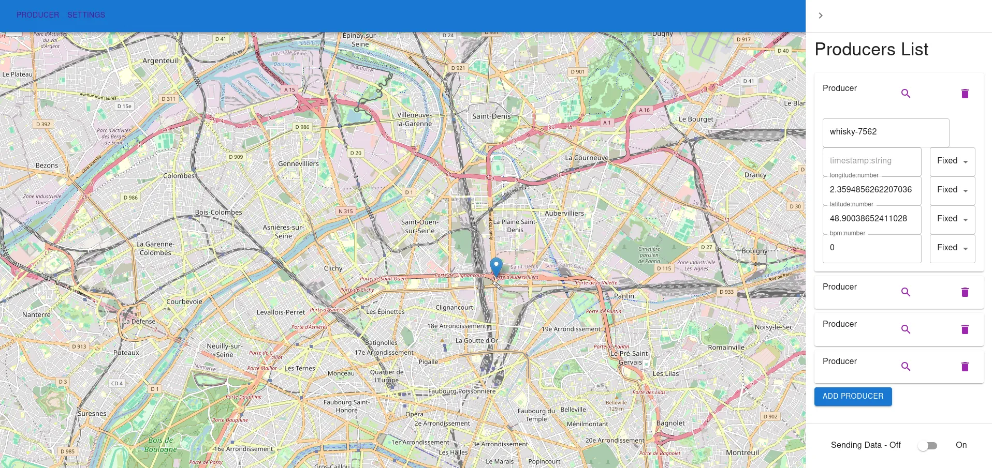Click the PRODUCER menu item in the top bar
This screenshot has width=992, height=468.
click(38, 15)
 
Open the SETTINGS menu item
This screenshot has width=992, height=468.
click(86, 15)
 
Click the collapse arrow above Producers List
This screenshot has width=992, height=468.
click(821, 16)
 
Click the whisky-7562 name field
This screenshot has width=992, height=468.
click(885, 132)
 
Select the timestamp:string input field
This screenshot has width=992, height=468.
click(872, 161)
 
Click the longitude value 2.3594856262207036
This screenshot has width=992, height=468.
click(872, 190)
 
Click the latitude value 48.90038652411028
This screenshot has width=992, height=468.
click(872, 219)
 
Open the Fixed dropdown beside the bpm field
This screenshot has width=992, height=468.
click(952, 248)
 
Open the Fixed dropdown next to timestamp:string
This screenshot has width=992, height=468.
click(952, 161)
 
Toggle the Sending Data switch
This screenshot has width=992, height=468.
click(927, 446)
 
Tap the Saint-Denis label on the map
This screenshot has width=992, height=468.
click(491, 116)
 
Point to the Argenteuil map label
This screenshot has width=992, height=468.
click(160, 61)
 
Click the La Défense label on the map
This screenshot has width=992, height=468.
click(139, 321)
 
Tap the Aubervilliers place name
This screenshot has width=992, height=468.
click(564, 213)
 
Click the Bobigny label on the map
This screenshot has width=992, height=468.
click(754, 251)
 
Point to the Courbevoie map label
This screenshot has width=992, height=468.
click(184, 301)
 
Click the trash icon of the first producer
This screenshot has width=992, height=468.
click(965, 94)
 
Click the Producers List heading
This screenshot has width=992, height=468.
click(871, 50)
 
